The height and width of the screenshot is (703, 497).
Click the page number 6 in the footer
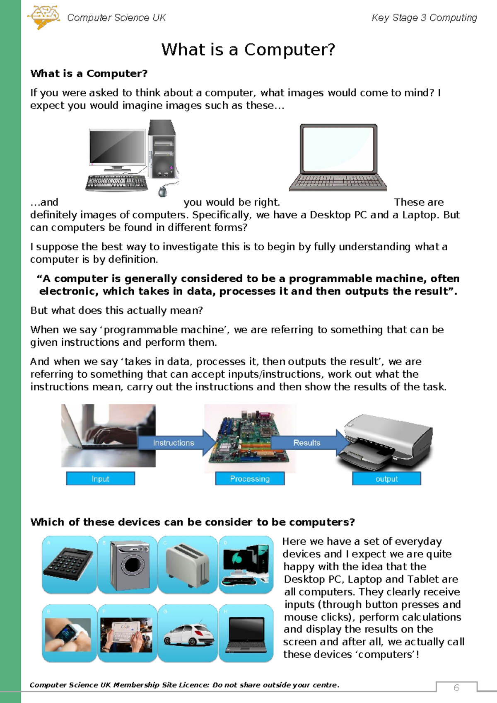point(456,688)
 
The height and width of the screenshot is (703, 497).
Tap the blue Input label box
point(101,479)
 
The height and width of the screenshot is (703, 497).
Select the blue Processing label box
point(250,479)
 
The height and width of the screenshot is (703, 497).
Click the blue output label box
point(386,479)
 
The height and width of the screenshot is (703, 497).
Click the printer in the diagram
point(387,441)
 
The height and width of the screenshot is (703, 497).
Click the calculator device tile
point(69,565)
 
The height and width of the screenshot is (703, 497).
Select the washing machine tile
point(128,565)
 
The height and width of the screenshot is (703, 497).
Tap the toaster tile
point(187,565)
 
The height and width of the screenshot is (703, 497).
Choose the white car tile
point(188,633)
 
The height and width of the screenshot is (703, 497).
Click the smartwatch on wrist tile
point(69,633)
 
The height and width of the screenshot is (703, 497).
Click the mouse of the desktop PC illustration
point(163,191)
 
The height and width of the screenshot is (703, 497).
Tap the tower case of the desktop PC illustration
point(162,149)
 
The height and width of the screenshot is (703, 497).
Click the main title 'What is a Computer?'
point(248,50)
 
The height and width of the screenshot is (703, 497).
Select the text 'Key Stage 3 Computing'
point(424,18)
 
